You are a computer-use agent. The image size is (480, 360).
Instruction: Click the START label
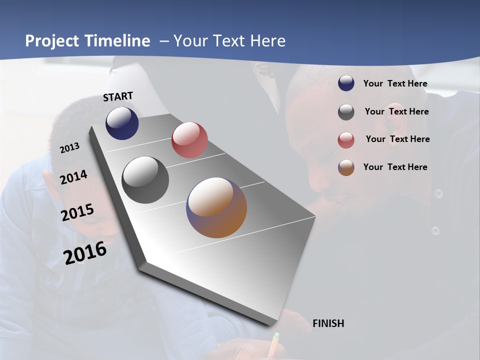(x=118, y=96)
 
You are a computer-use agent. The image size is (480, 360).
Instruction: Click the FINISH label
(x=328, y=323)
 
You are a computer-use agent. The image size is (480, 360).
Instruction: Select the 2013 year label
(x=69, y=148)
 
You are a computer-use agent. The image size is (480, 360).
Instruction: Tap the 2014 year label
(x=73, y=177)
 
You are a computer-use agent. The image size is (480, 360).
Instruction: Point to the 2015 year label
(x=77, y=212)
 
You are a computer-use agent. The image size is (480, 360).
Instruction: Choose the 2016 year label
(x=85, y=253)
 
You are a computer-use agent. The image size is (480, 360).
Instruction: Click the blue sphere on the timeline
(x=122, y=123)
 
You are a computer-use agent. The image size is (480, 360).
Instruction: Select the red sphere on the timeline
(x=189, y=140)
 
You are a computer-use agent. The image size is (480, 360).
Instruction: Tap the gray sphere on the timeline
(x=145, y=180)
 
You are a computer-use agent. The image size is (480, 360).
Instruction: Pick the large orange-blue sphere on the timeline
(x=216, y=207)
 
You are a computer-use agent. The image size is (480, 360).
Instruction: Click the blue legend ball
(x=346, y=83)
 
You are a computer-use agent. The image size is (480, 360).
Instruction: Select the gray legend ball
(x=346, y=112)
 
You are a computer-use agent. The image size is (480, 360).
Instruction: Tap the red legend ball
(x=346, y=140)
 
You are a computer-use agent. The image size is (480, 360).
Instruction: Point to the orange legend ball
(x=346, y=167)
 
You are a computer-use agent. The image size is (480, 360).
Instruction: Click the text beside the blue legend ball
(x=395, y=83)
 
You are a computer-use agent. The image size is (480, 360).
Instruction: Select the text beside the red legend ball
(x=397, y=139)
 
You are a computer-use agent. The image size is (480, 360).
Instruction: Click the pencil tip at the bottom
(x=276, y=335)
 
